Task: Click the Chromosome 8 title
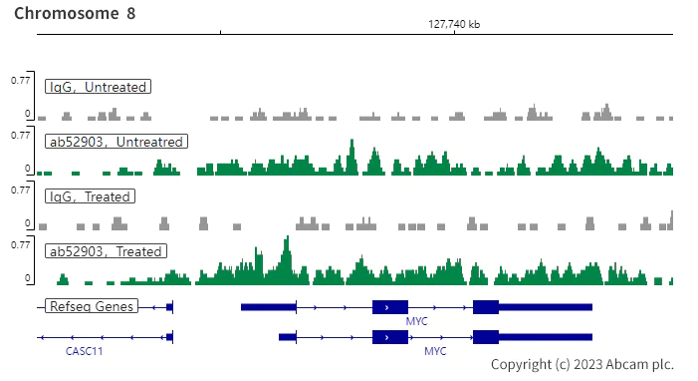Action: tap(75, 13)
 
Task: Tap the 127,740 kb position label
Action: tap(454, 24)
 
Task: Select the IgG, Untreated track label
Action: tap(99, 87)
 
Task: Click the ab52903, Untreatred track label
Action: tap(116, 142)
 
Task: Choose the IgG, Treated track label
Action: tap(90, 196)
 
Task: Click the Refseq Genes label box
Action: tap(92, 306)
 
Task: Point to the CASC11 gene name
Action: tap(85, 351)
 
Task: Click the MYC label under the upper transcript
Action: tap(416, 321)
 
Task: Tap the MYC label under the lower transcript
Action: tap(435, 351)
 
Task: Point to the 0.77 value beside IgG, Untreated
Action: tap(20, 79)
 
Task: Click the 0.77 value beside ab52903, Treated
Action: tap(20, 243)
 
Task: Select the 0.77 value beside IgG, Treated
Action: tap(20, 189)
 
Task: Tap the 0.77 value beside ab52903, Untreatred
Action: tap(20, 134)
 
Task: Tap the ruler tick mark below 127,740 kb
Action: tap(454, 33)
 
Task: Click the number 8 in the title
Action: tap(131, 13)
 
